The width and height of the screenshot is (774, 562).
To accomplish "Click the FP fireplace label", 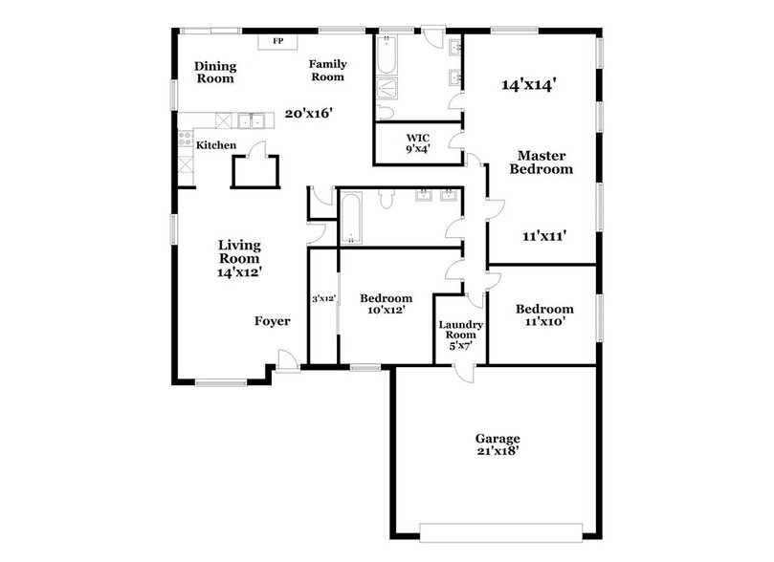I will (278, 42).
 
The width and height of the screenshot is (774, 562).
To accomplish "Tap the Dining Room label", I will (215, 73).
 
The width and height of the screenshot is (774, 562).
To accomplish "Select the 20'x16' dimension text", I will (308, 114).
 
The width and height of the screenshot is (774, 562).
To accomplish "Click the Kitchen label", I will (216, 145).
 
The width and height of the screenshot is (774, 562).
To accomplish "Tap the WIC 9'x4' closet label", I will (418, 142).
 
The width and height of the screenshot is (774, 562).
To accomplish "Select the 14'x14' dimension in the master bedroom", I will (529, 84).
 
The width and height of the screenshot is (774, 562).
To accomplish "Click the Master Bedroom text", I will (544, 162).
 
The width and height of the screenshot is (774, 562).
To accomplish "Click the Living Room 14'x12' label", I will (239, 258).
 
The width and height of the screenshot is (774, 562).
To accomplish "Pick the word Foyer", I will (272, 321).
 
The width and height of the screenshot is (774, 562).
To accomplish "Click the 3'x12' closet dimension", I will (323, 299).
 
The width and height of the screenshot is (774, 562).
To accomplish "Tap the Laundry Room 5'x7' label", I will (461, 331).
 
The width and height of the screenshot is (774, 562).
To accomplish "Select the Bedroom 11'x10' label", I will (544, 315).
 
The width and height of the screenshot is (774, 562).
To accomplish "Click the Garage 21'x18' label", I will (498, 444).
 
